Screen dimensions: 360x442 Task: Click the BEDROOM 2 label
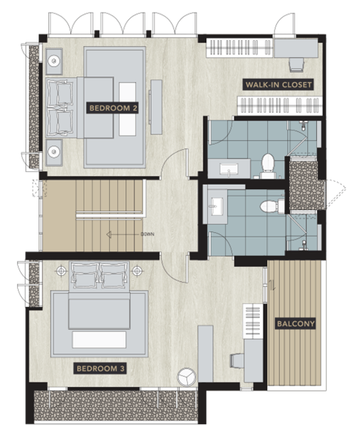(112, 108)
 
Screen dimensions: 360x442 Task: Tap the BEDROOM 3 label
(100, 369)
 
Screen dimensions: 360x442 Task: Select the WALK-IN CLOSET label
(278, 85)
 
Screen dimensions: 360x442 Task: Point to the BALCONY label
(295, 323)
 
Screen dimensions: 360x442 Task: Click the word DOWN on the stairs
(148, 234)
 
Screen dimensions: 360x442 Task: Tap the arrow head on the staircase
(109, 234)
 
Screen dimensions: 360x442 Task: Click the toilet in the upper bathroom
(267, 166)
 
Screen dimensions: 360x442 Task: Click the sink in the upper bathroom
(229, 169)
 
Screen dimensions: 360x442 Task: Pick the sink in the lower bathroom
(216, 206)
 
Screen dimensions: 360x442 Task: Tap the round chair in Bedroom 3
(186, 377)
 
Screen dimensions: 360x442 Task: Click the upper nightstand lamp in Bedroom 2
(53, 61)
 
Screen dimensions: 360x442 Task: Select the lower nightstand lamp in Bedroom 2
(53, 152)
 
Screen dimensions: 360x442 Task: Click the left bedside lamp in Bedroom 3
(61, 271)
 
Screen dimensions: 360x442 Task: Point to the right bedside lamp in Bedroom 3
(137, 271)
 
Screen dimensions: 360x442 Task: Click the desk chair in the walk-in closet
(296, 65)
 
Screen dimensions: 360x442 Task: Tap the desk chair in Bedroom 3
(237, 360)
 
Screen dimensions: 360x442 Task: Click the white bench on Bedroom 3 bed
(99, 340)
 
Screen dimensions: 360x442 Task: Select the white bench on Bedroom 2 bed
(127, 109)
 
